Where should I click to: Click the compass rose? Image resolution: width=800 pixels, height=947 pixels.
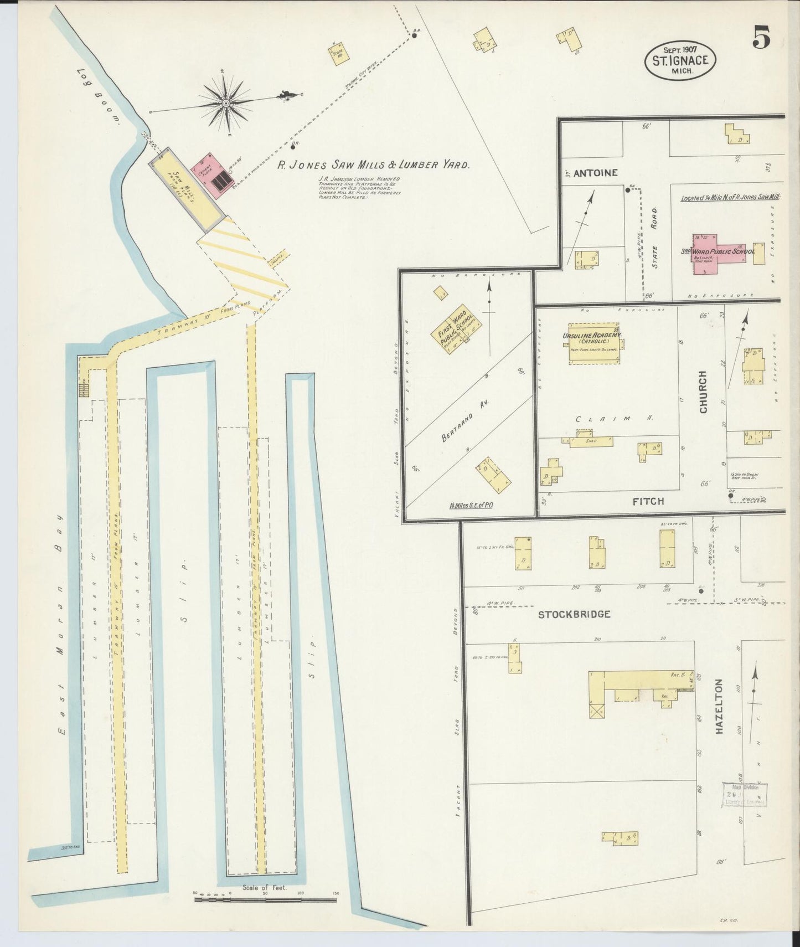coord(226,103)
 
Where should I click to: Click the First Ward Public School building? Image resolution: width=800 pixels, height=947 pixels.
coord(456,330)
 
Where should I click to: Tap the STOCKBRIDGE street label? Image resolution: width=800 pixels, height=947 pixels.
coord(574,614)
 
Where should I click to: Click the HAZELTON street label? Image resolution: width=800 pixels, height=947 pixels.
coord(719,706)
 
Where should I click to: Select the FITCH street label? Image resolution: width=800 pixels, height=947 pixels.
coord(648,501)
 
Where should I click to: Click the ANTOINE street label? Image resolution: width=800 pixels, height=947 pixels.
coord(596,173)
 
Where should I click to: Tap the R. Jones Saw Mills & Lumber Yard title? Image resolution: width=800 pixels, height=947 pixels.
coord(374,164)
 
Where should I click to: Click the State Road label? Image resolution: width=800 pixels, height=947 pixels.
coord(655,238)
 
